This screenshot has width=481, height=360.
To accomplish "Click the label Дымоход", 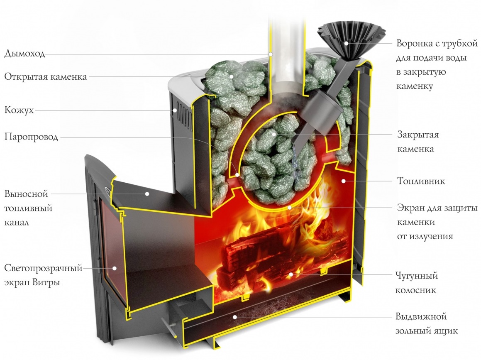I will coord(24,54).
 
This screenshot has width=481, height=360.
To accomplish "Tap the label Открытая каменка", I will coord(46,77).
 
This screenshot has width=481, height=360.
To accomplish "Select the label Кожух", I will coord(19,110).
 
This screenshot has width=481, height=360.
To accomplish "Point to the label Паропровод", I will coord(32,137).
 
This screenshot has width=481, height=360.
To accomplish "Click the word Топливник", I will coord(421,181).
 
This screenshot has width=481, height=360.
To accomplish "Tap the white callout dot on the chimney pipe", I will coord(270,54).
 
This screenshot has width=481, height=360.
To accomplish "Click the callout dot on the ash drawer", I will coord(235,317).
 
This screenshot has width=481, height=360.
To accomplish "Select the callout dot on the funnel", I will coord(346,43).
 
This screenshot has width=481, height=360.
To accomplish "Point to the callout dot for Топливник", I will coord(344,181).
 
